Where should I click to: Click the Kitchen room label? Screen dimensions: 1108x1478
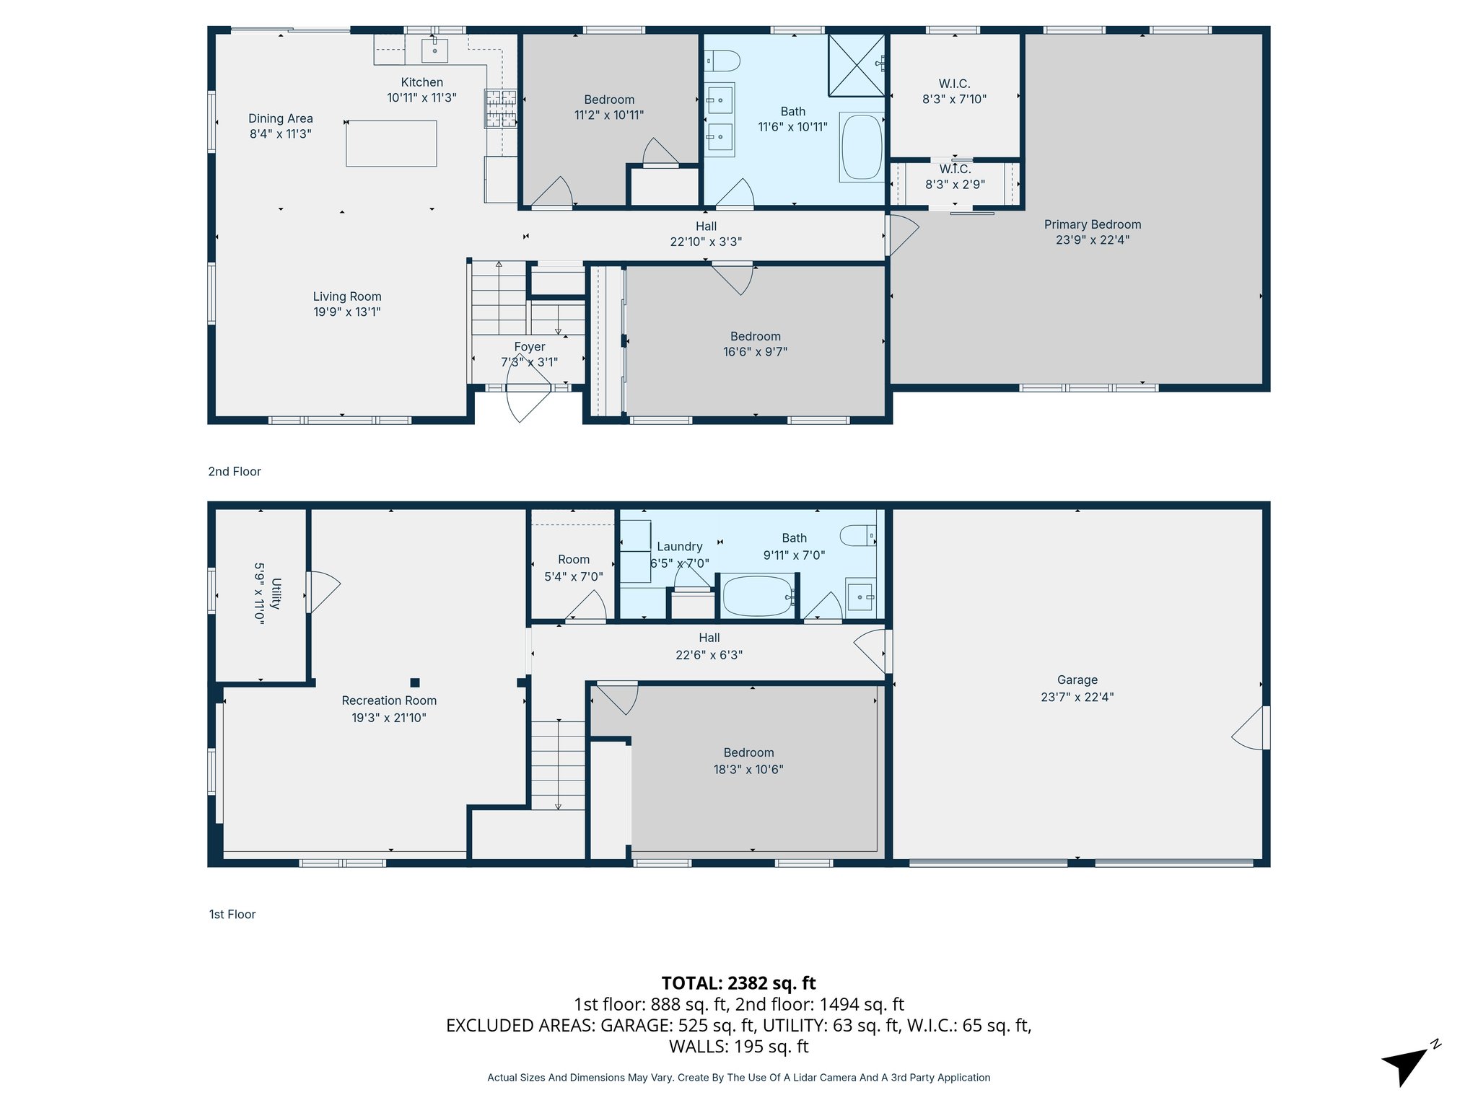[421, 82]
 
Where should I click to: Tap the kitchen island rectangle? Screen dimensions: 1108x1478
[391, 144]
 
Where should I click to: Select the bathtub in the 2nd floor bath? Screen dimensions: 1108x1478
[862, 147]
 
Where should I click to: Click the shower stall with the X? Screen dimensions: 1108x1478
[857, 65]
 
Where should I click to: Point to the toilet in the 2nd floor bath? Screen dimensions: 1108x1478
[722, 61]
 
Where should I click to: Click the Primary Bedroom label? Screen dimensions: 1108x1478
[1092, 224]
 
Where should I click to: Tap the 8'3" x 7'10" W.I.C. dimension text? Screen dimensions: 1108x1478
[954, 100]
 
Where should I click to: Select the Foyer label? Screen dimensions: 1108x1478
[529, 347]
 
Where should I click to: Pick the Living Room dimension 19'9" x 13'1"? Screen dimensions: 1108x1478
[346, 312]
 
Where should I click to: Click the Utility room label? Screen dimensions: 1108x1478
[276, 593]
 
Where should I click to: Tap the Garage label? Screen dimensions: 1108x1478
[1077, 680]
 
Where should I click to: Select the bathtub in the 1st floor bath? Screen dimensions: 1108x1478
[758, 596]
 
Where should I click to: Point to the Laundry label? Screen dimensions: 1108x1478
[679, 547]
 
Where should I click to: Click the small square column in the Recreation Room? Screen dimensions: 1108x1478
[415, 682]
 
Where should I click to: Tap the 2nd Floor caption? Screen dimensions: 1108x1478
[235, 471]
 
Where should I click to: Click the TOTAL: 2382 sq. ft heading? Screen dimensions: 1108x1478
[738, 983]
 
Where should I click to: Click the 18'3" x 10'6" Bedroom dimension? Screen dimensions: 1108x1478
[748, 770]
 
